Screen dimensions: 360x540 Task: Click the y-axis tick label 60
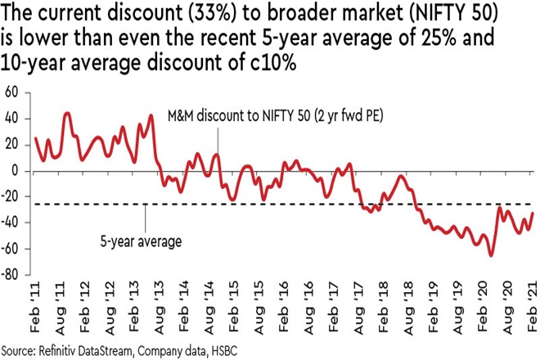tap(12, 92)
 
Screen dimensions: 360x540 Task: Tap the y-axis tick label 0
tap(15, 171)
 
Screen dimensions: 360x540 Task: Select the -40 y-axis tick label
tap(11, 223)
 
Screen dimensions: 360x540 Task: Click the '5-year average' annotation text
tap(141, 241)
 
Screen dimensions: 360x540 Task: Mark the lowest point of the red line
tap(491, 255)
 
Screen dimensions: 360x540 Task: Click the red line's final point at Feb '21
tap(533, 213)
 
